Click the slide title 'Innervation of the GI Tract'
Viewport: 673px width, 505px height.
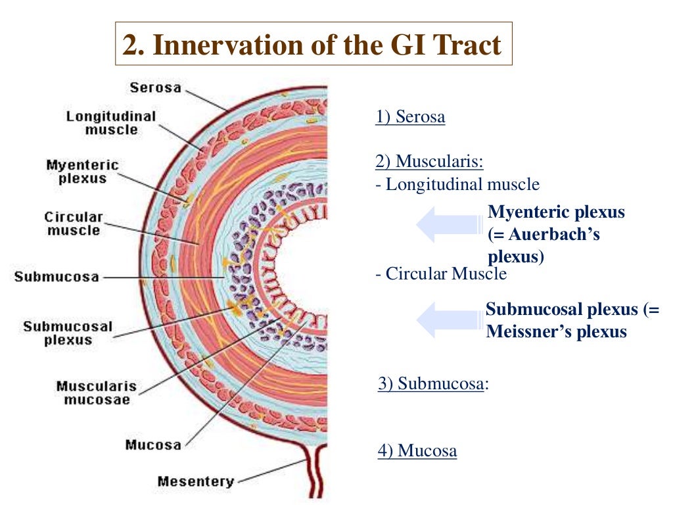(x=313, y=45)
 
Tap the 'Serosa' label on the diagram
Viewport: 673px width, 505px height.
(x=155, y=87)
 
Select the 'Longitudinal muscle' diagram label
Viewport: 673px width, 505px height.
(x=111, y=123)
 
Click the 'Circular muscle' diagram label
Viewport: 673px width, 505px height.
(x=74, y=224)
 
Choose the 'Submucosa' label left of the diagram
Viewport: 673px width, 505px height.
(x=57, y=277)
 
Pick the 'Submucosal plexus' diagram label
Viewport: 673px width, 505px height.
(x=68, y=333)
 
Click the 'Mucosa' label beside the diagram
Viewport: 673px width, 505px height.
(x=153, y=445)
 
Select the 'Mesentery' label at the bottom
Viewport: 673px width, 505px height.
(x=195, y=481)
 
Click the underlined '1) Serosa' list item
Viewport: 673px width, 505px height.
(x=410, y=118)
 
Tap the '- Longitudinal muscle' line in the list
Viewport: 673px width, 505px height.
(x=457, y=185)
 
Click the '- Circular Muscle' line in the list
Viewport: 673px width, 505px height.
(x=441, y=274)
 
